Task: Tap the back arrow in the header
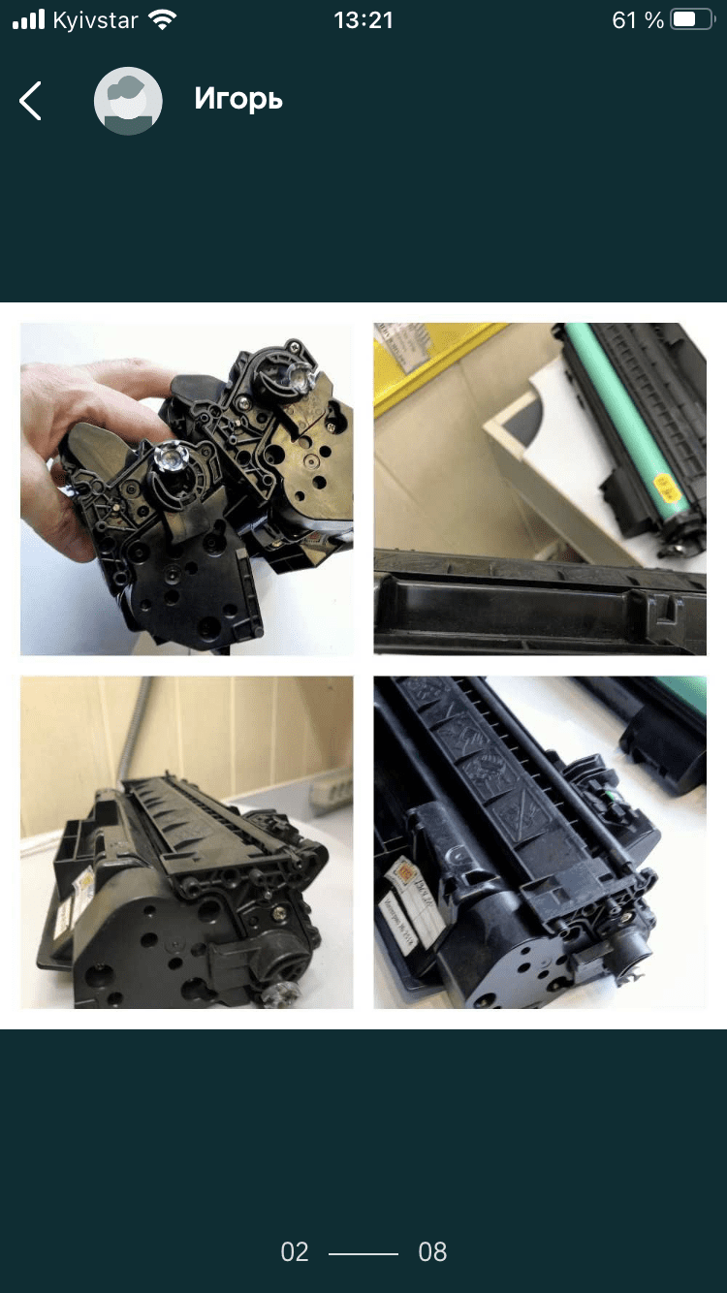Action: (31, 100)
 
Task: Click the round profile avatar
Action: (128, 100)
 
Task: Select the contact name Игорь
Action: (238, 99)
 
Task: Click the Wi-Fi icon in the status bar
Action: (163, 20)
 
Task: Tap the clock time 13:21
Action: (363, 20)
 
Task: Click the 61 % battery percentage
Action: (638, 20)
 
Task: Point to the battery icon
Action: (691, 20)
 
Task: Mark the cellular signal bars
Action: (29, 20)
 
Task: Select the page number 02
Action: (295, 1252)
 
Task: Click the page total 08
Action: (432, 1252)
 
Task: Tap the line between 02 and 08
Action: (363, 1253)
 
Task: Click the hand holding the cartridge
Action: (68, 436)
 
